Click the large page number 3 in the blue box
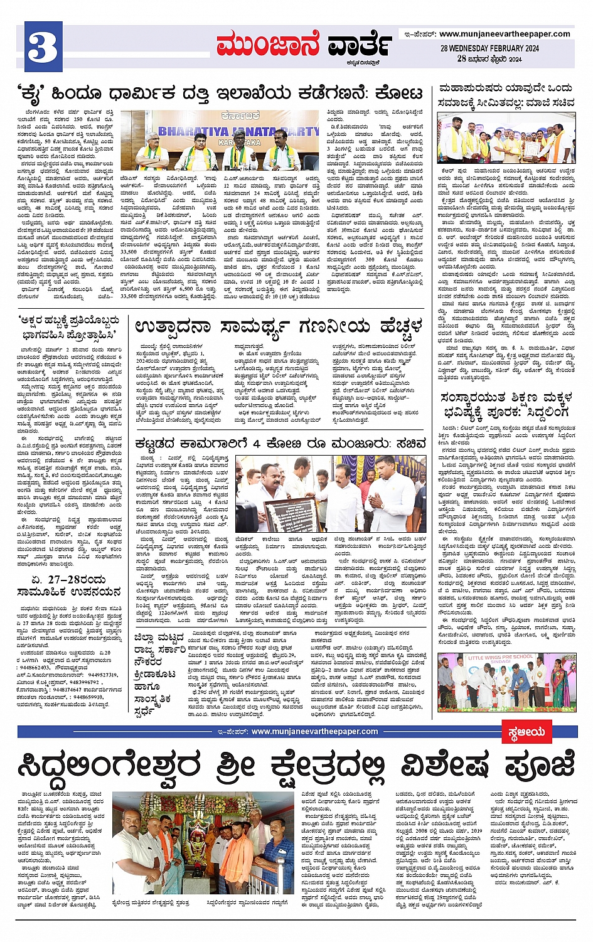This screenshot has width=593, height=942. click(x=43, y=46)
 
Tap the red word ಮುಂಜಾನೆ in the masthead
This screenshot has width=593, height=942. click(x=267, y=45)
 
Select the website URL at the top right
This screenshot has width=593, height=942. click(x=505, y=34)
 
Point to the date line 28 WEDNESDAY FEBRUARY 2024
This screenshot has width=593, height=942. click(x=489, y=48)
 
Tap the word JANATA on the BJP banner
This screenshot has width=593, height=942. click(x=247, y=132)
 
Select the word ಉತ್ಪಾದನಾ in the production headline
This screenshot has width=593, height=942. click(x=172, y=327)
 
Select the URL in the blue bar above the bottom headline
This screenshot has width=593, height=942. click(x=314, y=731)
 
